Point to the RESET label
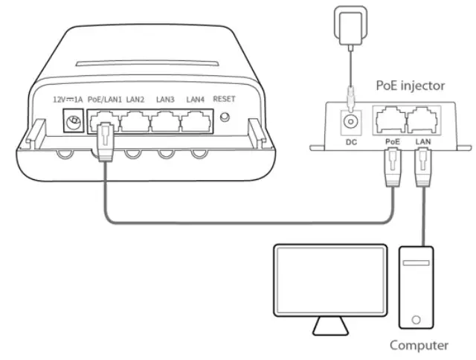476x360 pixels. (x=224, y=99)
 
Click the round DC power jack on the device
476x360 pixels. (x=74, y=120)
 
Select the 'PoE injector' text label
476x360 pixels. (x=410, y=86)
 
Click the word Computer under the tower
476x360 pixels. (x=419, y=345)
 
